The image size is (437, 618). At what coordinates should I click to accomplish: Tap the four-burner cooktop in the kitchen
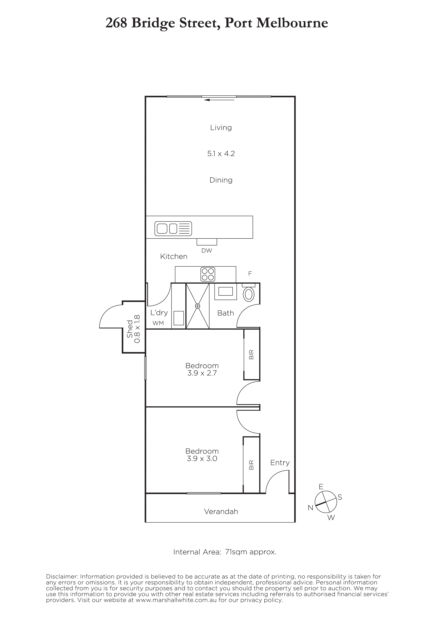pyautogui.click(x=208, y=274)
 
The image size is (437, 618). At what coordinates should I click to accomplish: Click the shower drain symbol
pyautogui.click(x=198, y=306)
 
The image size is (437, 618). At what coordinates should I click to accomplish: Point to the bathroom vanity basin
pyautogui.click(x=225, y=292)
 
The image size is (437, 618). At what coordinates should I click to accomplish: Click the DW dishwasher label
pyautogui.click(x=207, y=251)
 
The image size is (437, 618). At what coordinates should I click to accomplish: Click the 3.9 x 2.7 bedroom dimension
pyautogui.click(x=202, y=373)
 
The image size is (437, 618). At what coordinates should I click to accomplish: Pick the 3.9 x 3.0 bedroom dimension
pyautogui.click(x=202, y=459)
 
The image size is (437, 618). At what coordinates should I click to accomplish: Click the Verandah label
pyautogui.click(x=221, y=511)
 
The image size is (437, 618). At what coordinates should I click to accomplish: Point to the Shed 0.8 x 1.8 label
pyautogui.click(x=134, y=329)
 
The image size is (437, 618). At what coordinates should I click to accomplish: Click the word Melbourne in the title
pyautogui.click(x=292, y=23)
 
